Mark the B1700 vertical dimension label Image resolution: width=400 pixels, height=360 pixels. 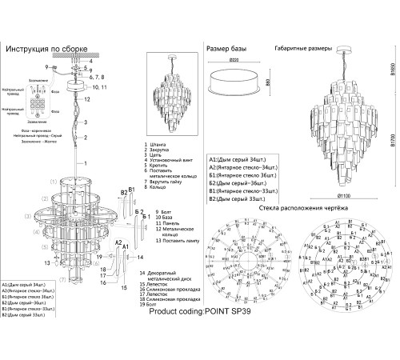pyautogui.click(x=394, y=144)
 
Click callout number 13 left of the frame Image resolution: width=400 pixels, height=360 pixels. pyautogui.click(x=48, y=261)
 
